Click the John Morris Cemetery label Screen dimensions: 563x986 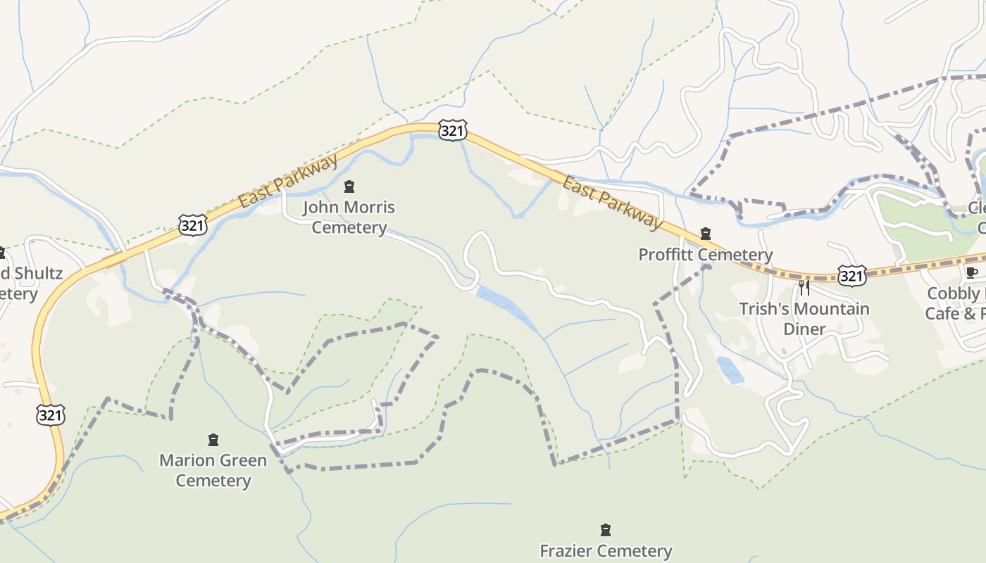(349, 217)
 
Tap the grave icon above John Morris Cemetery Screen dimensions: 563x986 (349, 186)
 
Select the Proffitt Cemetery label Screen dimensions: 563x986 (705, 255)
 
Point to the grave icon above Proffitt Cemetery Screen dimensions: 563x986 (705, 234)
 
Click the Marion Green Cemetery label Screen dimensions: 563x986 (213, 470)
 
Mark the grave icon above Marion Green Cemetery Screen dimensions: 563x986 (213, 441)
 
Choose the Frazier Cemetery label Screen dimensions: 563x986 (606, 550)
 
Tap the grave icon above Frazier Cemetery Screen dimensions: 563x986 (605, 529)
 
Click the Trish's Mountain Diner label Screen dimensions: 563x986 (804, 319)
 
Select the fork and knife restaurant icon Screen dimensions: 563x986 (804, 287)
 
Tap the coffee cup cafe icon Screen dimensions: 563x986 (972, 272)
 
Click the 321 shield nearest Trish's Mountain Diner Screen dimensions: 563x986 (851, 275)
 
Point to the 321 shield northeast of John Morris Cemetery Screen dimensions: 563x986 (451, 130)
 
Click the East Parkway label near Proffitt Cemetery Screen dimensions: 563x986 (612, 203)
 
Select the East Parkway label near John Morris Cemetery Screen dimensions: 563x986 (287, 182)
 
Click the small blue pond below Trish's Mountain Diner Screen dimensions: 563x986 (730, 370)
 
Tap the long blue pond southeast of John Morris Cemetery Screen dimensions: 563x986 (507, 308)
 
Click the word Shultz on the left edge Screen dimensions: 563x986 (38, 273)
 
